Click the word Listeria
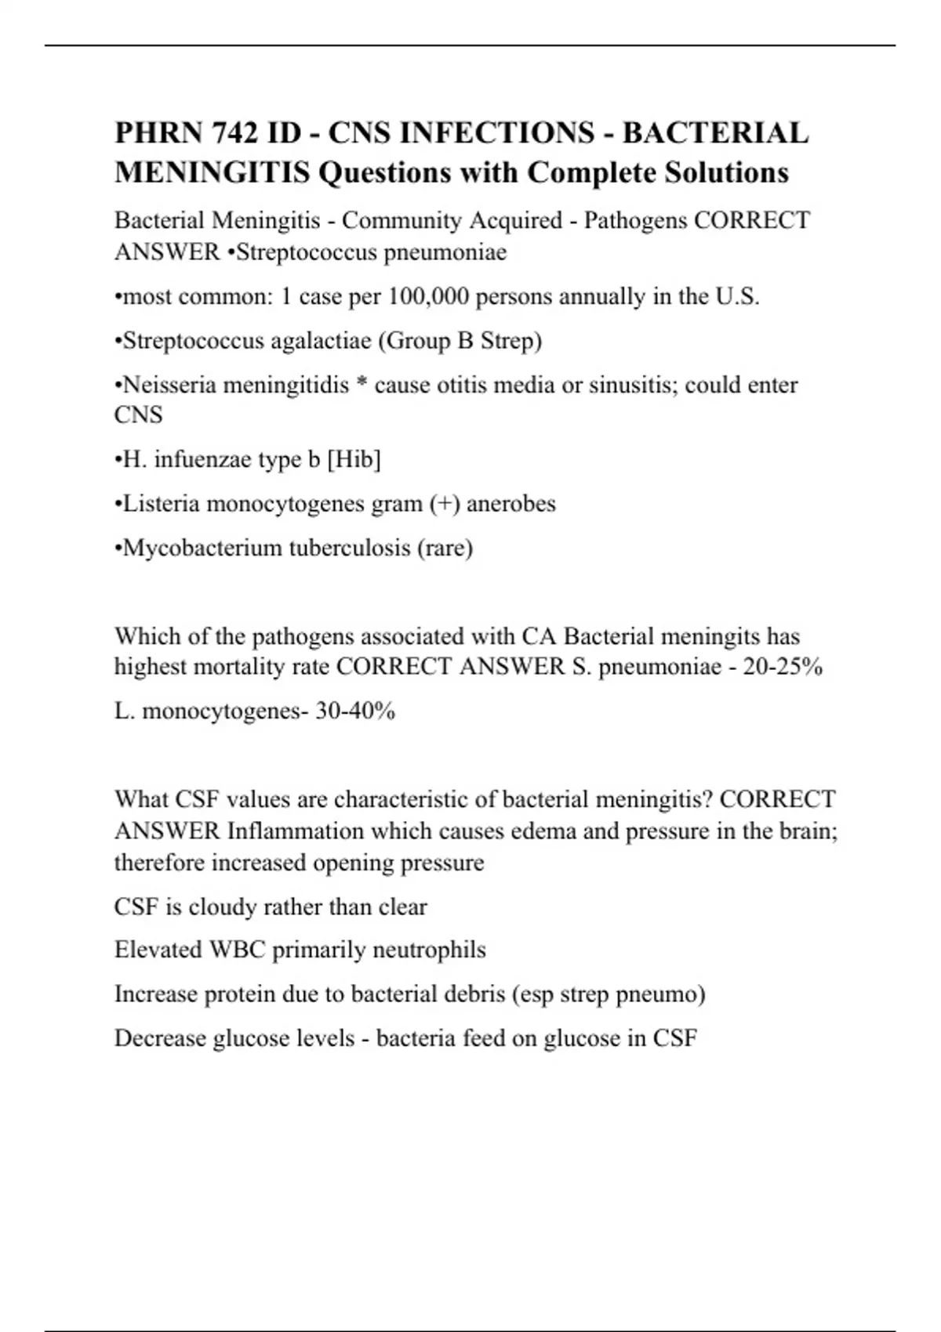[162, 503]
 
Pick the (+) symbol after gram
[444, 503]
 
